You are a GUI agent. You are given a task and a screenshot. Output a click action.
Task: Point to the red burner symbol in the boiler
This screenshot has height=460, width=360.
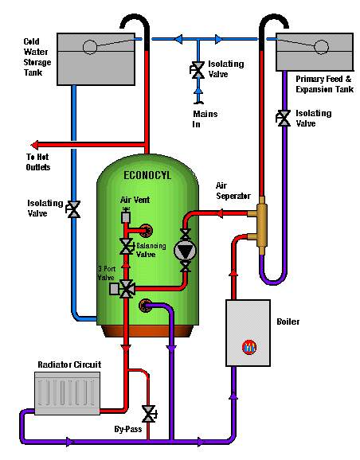(x=248, y=348)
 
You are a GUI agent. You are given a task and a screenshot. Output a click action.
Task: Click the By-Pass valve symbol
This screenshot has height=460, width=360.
(x=148, y=414)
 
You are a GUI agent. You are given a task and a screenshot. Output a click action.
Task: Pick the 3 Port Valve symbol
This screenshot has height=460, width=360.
(x=125, y=289)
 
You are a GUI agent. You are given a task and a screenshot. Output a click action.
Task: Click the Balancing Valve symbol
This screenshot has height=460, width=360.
(x=125, y=244)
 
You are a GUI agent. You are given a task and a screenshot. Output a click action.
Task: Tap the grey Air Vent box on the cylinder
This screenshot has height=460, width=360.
(x=125, y=217)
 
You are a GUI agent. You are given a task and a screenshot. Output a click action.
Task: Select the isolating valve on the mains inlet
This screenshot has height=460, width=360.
(x=194, y=69)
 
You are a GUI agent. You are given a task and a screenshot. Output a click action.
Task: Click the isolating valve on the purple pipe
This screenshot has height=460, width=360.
(x=282, y=117)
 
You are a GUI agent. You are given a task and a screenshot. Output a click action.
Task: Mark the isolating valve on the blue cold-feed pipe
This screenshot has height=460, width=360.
(x=73, y=209)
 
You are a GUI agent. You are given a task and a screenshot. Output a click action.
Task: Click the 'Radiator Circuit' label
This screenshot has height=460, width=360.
(x=69, y=364)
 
